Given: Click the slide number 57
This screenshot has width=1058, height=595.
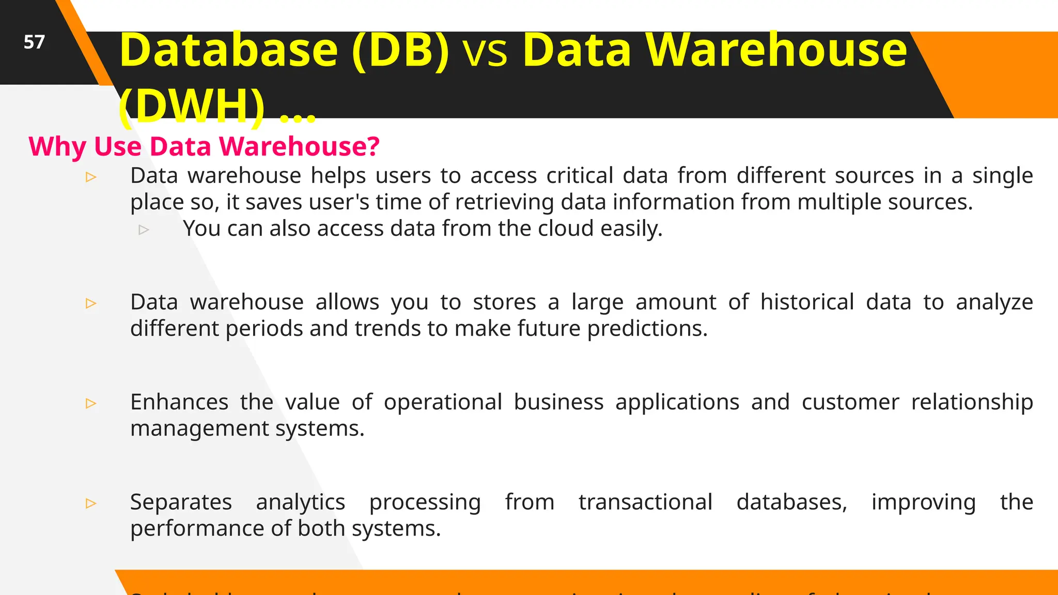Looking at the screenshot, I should (x=34, y=42).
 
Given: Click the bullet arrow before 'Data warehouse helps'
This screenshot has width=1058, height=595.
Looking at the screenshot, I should (x=91, y=177).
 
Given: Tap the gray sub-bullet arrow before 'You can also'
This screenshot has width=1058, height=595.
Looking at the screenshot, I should (x=144, y=230).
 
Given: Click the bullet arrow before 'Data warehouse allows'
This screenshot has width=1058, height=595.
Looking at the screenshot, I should (x=91, y=303).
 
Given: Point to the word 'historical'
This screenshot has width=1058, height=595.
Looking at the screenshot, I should (x=807, y=302).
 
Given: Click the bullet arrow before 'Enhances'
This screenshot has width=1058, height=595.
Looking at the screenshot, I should (x=91, y=403).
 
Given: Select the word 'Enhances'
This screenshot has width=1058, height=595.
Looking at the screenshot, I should (x=179, y=402).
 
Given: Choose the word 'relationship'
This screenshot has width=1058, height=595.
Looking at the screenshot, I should (x=972, y=402).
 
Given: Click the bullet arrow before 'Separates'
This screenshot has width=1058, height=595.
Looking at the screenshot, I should (x=91, y=503).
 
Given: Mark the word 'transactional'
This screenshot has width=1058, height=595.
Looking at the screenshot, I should (x=645, y=502).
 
